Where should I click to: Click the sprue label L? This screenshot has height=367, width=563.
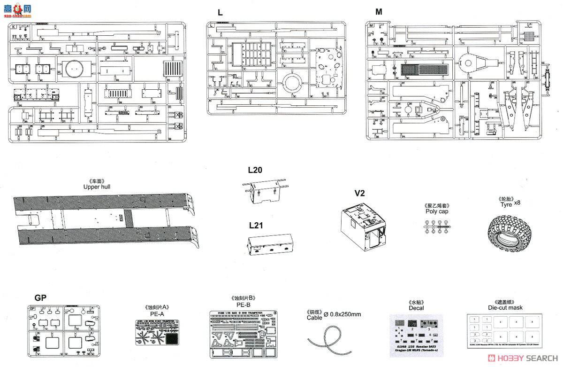point(220,12)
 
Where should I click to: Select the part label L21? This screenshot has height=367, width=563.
point(256,225)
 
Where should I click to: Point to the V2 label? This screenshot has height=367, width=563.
point(359,193)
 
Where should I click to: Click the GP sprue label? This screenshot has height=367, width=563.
point(40,297)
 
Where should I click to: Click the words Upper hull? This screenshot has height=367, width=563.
point(97,187)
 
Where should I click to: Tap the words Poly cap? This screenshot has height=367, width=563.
point(437,211)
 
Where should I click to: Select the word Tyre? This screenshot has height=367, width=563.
point(505,204)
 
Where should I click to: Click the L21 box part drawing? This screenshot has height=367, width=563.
point(271,245)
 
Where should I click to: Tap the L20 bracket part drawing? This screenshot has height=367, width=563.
point(265,192)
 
